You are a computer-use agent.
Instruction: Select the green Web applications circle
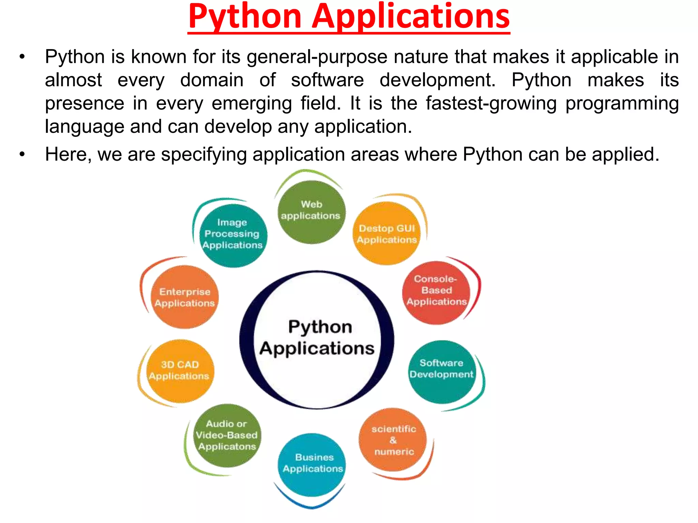pos(311,212)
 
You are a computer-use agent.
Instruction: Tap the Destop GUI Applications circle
pos(386,234)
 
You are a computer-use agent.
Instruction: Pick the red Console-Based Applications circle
pos(436,292)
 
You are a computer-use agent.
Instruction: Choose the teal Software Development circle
pos(442,371)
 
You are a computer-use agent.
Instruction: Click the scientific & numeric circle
pos(393,439)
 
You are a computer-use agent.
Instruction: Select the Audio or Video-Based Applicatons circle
pos(227,435)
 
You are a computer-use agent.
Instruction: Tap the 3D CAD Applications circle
pos(180,371)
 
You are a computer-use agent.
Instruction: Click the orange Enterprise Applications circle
pos(185,297)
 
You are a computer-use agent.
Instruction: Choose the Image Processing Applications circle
pos(233,235)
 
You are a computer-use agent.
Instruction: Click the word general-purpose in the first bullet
pos(317,57)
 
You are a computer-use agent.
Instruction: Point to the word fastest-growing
pos(491,103)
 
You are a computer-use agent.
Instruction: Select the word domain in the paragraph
pos(212,80)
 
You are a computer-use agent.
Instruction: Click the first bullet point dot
pos(22,57)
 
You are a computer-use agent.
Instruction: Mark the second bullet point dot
pos(22,154)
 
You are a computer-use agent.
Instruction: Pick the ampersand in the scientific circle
pos(393,440)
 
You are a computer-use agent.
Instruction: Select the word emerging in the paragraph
pos(252,104)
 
